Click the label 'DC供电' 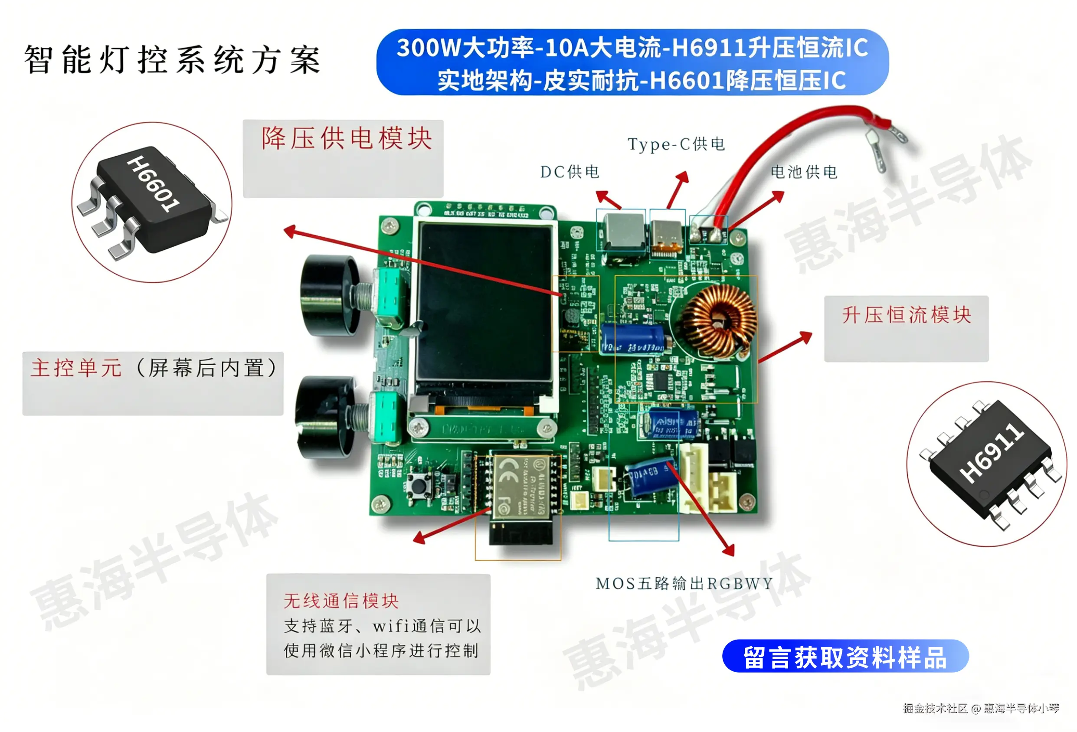[570, 172]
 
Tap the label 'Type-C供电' [676, 144]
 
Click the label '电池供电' [804, 172]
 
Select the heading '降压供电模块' [347, 138]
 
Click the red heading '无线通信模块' [340, 601]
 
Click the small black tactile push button [419, 486]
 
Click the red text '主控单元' [76, 368]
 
